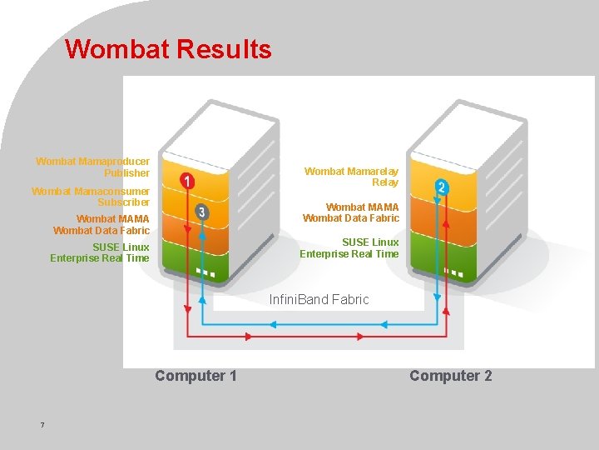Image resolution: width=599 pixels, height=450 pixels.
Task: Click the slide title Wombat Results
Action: point(168,49)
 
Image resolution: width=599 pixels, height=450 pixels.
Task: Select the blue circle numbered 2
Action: point(442,188)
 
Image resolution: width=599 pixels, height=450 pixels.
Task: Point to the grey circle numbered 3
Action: point(201,212)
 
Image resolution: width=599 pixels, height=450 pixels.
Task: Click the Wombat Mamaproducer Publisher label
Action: point(93,167)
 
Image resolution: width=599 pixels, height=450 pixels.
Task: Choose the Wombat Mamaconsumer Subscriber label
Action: point(91,197)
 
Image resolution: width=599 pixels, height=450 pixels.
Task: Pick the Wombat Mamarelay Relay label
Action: point(351,177)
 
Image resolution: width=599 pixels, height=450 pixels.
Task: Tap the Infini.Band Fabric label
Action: point(319,299)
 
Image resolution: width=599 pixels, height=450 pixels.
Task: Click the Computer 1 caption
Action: point(196,376)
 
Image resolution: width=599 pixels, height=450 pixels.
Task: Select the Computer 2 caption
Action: point(450,376)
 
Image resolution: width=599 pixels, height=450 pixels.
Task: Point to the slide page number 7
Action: point(42,426)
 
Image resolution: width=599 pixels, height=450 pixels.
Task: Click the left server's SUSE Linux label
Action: point(100,252)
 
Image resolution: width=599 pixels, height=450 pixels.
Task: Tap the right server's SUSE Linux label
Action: point(349,247)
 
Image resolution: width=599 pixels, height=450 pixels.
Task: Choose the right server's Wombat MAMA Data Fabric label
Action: point(351,212)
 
